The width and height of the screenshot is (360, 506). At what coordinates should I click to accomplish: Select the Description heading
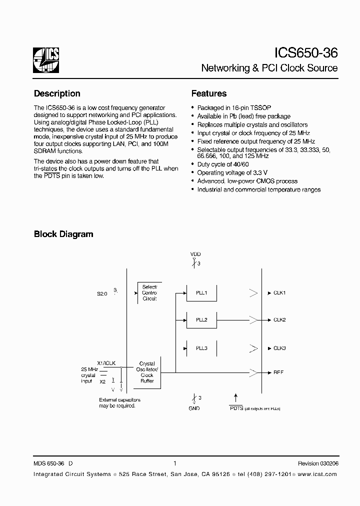tap(57, 93)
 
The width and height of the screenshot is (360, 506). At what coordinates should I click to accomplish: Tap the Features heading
tap(209, 93)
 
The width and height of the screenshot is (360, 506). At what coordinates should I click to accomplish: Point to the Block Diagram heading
tap(63, 234)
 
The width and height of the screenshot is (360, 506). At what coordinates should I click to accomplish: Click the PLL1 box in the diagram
tap(201, 293)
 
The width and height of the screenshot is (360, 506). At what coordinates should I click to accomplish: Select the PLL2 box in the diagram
tap(201, 320)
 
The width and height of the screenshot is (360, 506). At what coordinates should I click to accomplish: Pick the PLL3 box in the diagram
tap(201, 348)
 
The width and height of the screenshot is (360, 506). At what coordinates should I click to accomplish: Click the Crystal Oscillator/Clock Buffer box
tap(147, 372)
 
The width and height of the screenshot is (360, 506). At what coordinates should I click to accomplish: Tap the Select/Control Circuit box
tap(149, 292)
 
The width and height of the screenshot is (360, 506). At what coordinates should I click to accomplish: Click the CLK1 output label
tap(279, 292)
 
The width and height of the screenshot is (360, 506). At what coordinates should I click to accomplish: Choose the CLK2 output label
tap(279, 319)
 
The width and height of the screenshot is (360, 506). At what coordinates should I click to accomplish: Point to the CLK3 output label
tap(279, 347)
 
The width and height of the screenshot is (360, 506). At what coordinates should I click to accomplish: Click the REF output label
tap(278, 372)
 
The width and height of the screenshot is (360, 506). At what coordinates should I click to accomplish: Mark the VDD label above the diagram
tap(195, 254)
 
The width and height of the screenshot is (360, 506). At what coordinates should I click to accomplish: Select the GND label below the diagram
tap(194, 408)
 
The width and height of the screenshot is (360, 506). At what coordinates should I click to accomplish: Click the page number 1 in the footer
tap(174, 463)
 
